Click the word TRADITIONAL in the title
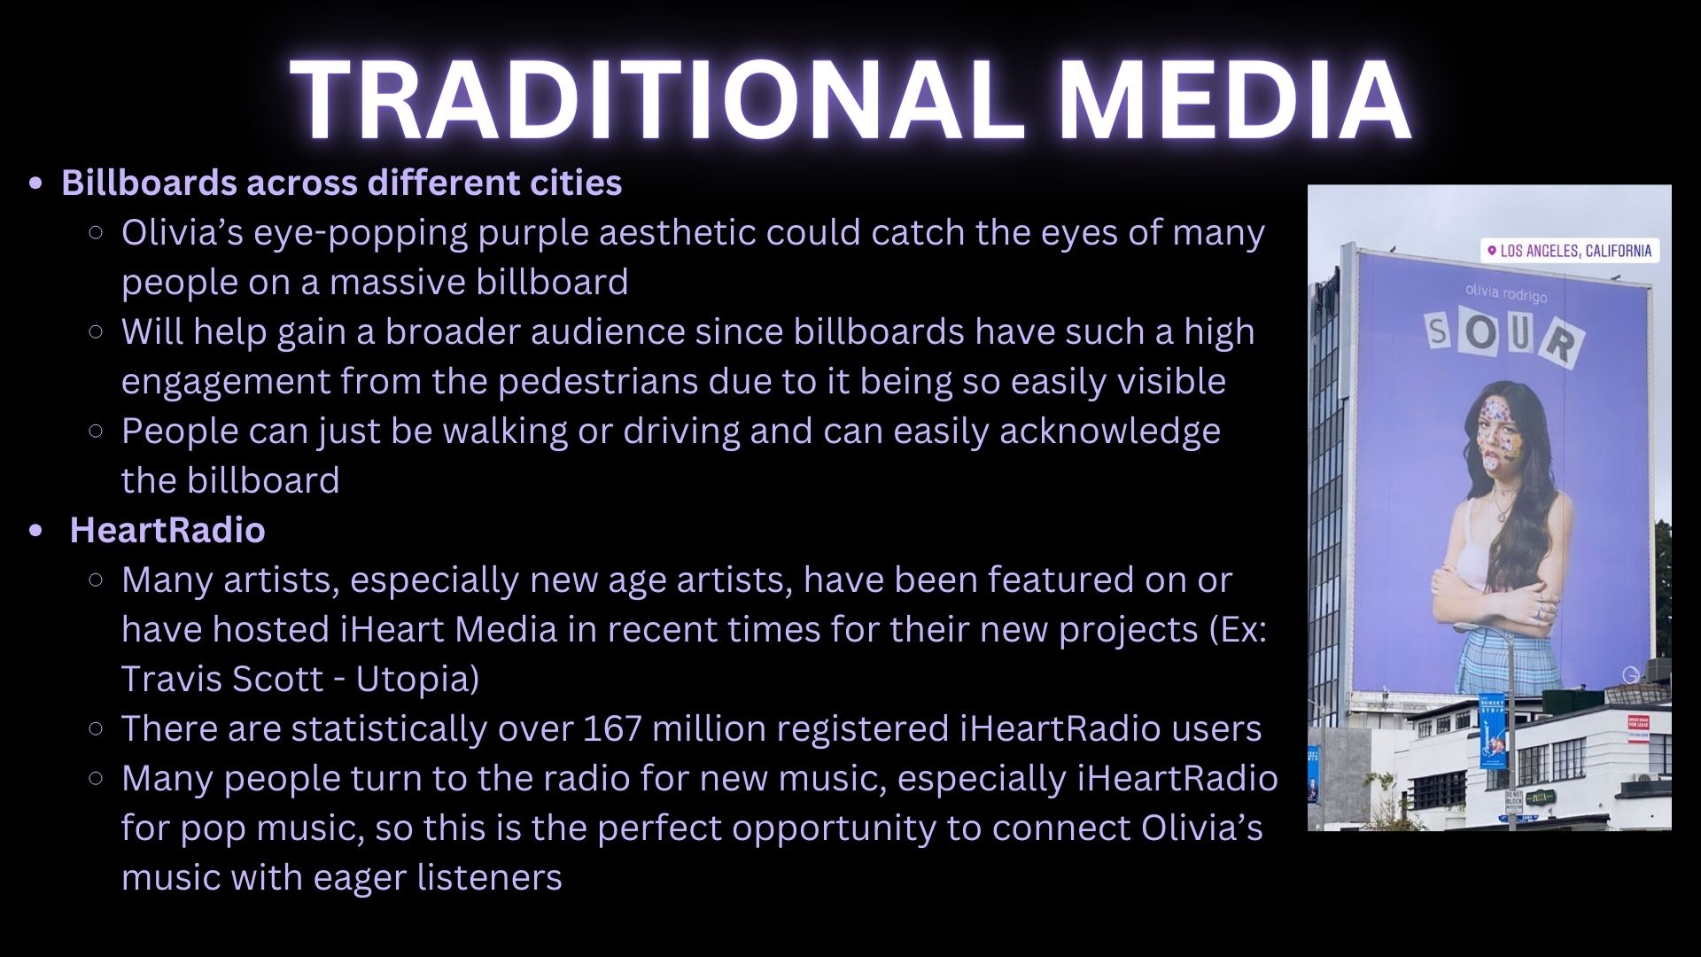coord(656,99)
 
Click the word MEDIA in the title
coord(1234,99)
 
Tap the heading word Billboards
coord(149,183)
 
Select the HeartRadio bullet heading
coord(167,530)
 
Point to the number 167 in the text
coord(612,728)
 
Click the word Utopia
coord(417,680)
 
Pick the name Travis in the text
coord(169,679)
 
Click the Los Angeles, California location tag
coord(1569,251)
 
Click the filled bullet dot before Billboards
coord(35,183)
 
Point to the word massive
coord(397,282)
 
